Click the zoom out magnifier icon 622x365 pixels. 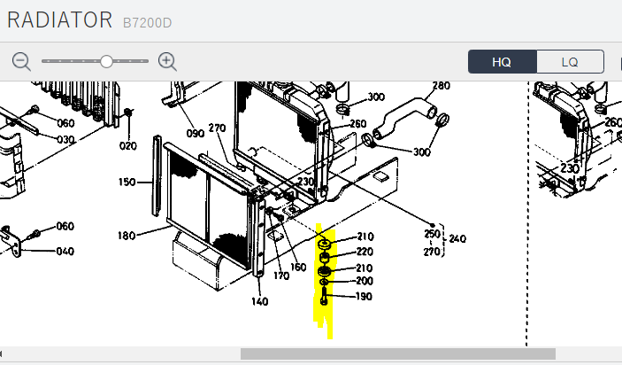click(x=21, y=62)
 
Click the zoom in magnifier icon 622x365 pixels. click(x=167, y=62)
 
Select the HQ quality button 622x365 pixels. click(x=503, y=61)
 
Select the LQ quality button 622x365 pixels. click(x=570, y=61)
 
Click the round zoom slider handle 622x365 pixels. click(x=106, y=61)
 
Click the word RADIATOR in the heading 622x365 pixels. click(x=60, y=19)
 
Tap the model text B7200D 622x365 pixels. click(x=147, y=23)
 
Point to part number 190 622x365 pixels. click(x=364, y=296)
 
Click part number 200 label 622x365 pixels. click(x=365, y=281)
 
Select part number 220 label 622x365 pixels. click(x=365, y=252)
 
